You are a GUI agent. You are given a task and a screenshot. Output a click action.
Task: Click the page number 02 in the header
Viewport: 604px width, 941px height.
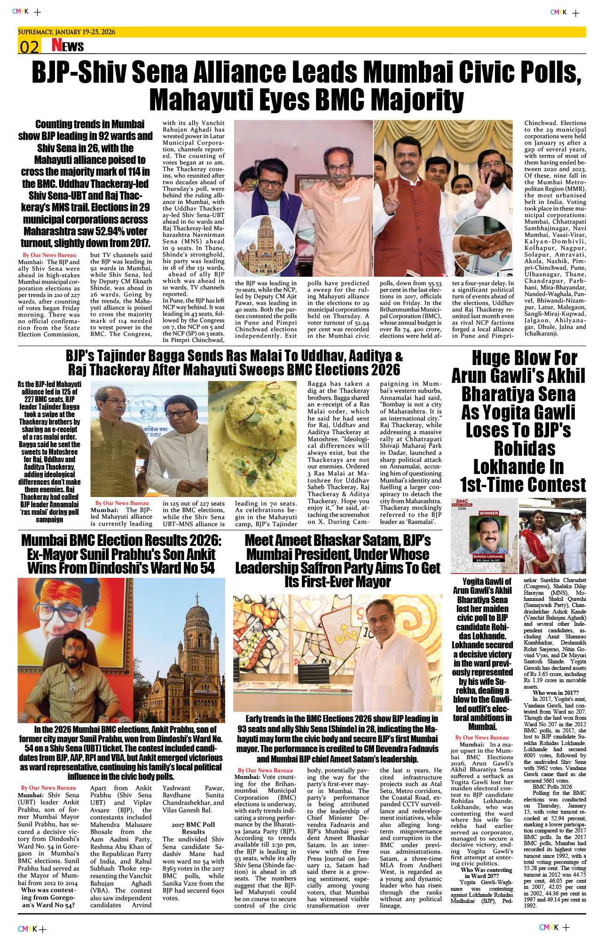[x=29, y=46]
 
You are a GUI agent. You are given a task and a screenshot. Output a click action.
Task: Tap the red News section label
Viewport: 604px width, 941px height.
[x=68, y=45]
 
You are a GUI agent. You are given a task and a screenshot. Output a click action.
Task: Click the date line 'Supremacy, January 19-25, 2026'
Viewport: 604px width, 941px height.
[x=67, y=32]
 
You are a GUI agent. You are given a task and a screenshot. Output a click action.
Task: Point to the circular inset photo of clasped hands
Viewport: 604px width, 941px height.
[x=484, y=247]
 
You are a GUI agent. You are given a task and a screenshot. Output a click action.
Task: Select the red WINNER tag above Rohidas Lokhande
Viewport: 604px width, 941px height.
[x=488, y=513]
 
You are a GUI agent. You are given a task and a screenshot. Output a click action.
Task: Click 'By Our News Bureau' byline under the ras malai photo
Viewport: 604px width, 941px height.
[x=122, y=503]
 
